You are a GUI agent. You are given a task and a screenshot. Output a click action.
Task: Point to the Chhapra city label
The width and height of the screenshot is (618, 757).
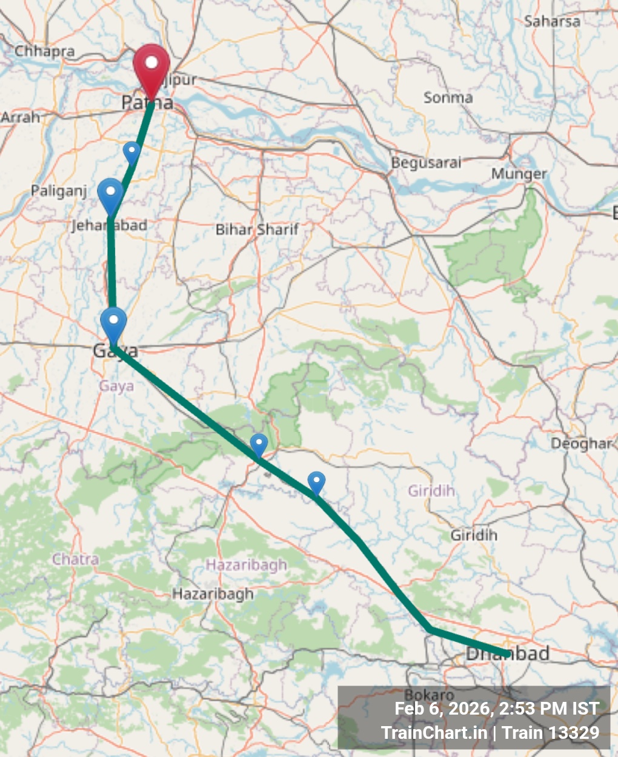pos(44,51)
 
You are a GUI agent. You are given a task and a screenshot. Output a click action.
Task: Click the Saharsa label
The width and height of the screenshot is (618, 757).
pos(552,22)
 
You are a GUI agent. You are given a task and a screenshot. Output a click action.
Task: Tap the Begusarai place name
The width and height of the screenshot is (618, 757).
pos(426,163)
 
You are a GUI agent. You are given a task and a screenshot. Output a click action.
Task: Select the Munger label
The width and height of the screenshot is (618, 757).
pos(519,174)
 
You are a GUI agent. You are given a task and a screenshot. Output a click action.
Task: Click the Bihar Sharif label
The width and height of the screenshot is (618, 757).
pos(257,230)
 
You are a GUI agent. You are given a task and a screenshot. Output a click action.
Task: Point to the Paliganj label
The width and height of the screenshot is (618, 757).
pos(59,191)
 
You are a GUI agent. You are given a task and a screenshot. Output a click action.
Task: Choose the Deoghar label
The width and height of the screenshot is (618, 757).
pos(581,444)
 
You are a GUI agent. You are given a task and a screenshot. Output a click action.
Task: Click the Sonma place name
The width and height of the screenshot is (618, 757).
pos(448,98)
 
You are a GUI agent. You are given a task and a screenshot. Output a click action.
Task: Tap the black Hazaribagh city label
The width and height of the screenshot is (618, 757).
pos(213,594)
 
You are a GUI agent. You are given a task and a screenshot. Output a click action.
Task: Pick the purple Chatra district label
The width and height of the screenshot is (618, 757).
pos(75,559)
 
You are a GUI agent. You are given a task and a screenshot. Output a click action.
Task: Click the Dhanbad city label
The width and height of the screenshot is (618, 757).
pos(508,653)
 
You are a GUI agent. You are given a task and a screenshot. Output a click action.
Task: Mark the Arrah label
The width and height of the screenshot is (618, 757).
pos(20,117)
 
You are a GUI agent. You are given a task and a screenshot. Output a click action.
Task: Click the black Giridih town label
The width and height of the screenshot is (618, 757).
pos(474,535)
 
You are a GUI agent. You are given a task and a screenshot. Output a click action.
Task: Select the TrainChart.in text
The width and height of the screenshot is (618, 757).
pos(434,733)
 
